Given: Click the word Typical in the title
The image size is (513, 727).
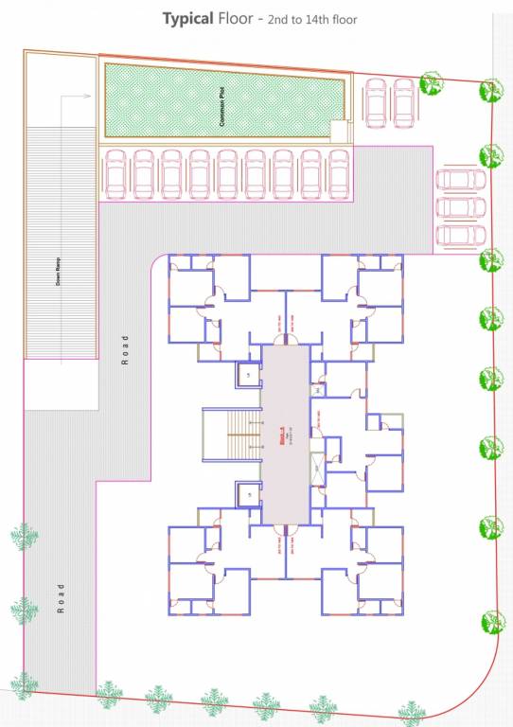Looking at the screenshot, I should (186, 18).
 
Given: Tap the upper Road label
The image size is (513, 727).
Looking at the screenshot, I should (124, 349).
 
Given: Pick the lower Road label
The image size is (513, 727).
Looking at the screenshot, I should (62, 598).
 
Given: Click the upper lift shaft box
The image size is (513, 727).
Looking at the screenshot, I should (249, 376).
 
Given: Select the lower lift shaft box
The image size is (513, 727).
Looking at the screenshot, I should (249, 494).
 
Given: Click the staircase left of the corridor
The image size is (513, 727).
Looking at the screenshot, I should (231, 434).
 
